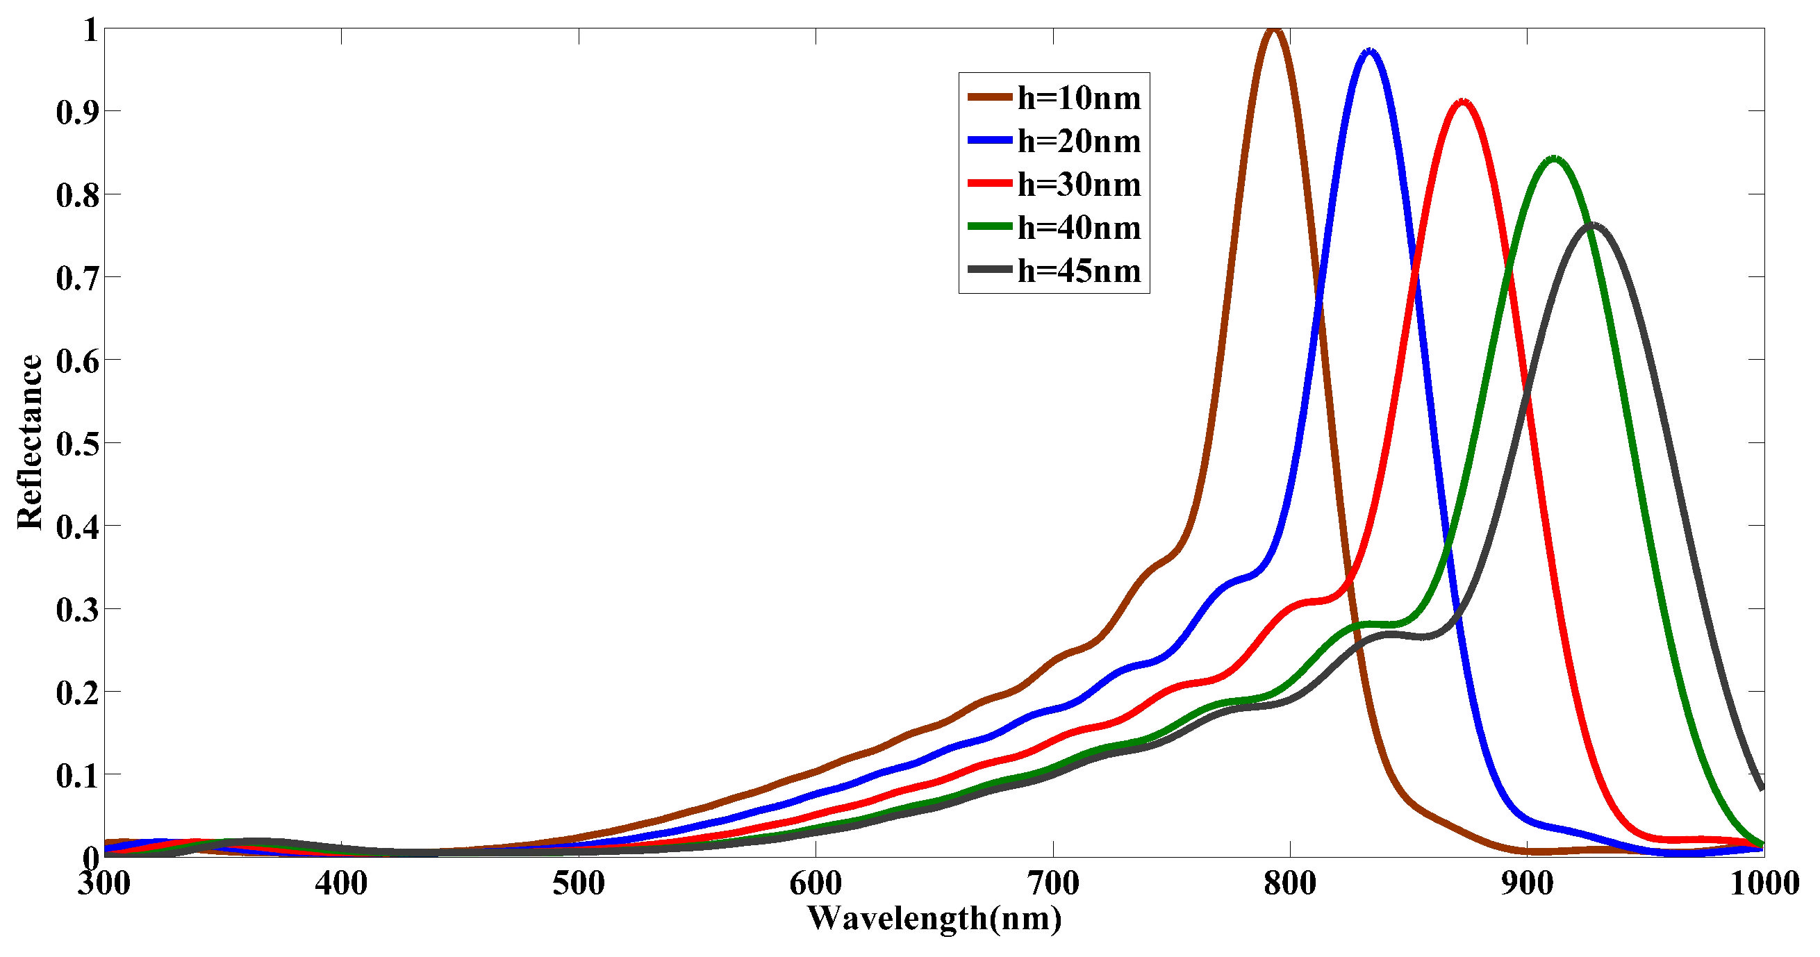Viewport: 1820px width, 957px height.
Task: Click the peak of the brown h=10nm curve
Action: click(1273, 30)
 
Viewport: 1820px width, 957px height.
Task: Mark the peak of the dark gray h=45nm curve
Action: click(1591, 225)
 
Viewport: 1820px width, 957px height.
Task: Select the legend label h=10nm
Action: click(1079, 97)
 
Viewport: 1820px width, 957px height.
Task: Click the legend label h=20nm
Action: click(1079, 140)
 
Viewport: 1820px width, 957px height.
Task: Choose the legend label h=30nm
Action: click(1079, 183)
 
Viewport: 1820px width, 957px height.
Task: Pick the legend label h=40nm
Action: click(1079, 226)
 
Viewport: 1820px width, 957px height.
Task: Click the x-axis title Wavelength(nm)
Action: click(934, 919)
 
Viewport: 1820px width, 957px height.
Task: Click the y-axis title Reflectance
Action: click(30, 442)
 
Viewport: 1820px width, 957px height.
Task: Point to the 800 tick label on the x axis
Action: click(1290, 883)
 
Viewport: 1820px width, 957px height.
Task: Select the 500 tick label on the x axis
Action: click(579, 883)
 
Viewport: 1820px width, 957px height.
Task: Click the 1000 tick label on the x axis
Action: click(1764, 883)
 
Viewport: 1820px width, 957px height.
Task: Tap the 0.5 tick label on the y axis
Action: click(78, 444)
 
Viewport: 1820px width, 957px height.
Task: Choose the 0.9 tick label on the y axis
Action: click(78, 112)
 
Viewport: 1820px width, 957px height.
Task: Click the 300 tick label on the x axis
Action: click(105, 883)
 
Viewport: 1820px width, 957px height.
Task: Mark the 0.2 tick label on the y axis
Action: click(78, 692)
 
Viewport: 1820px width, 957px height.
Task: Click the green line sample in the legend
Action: click(990, 226)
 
